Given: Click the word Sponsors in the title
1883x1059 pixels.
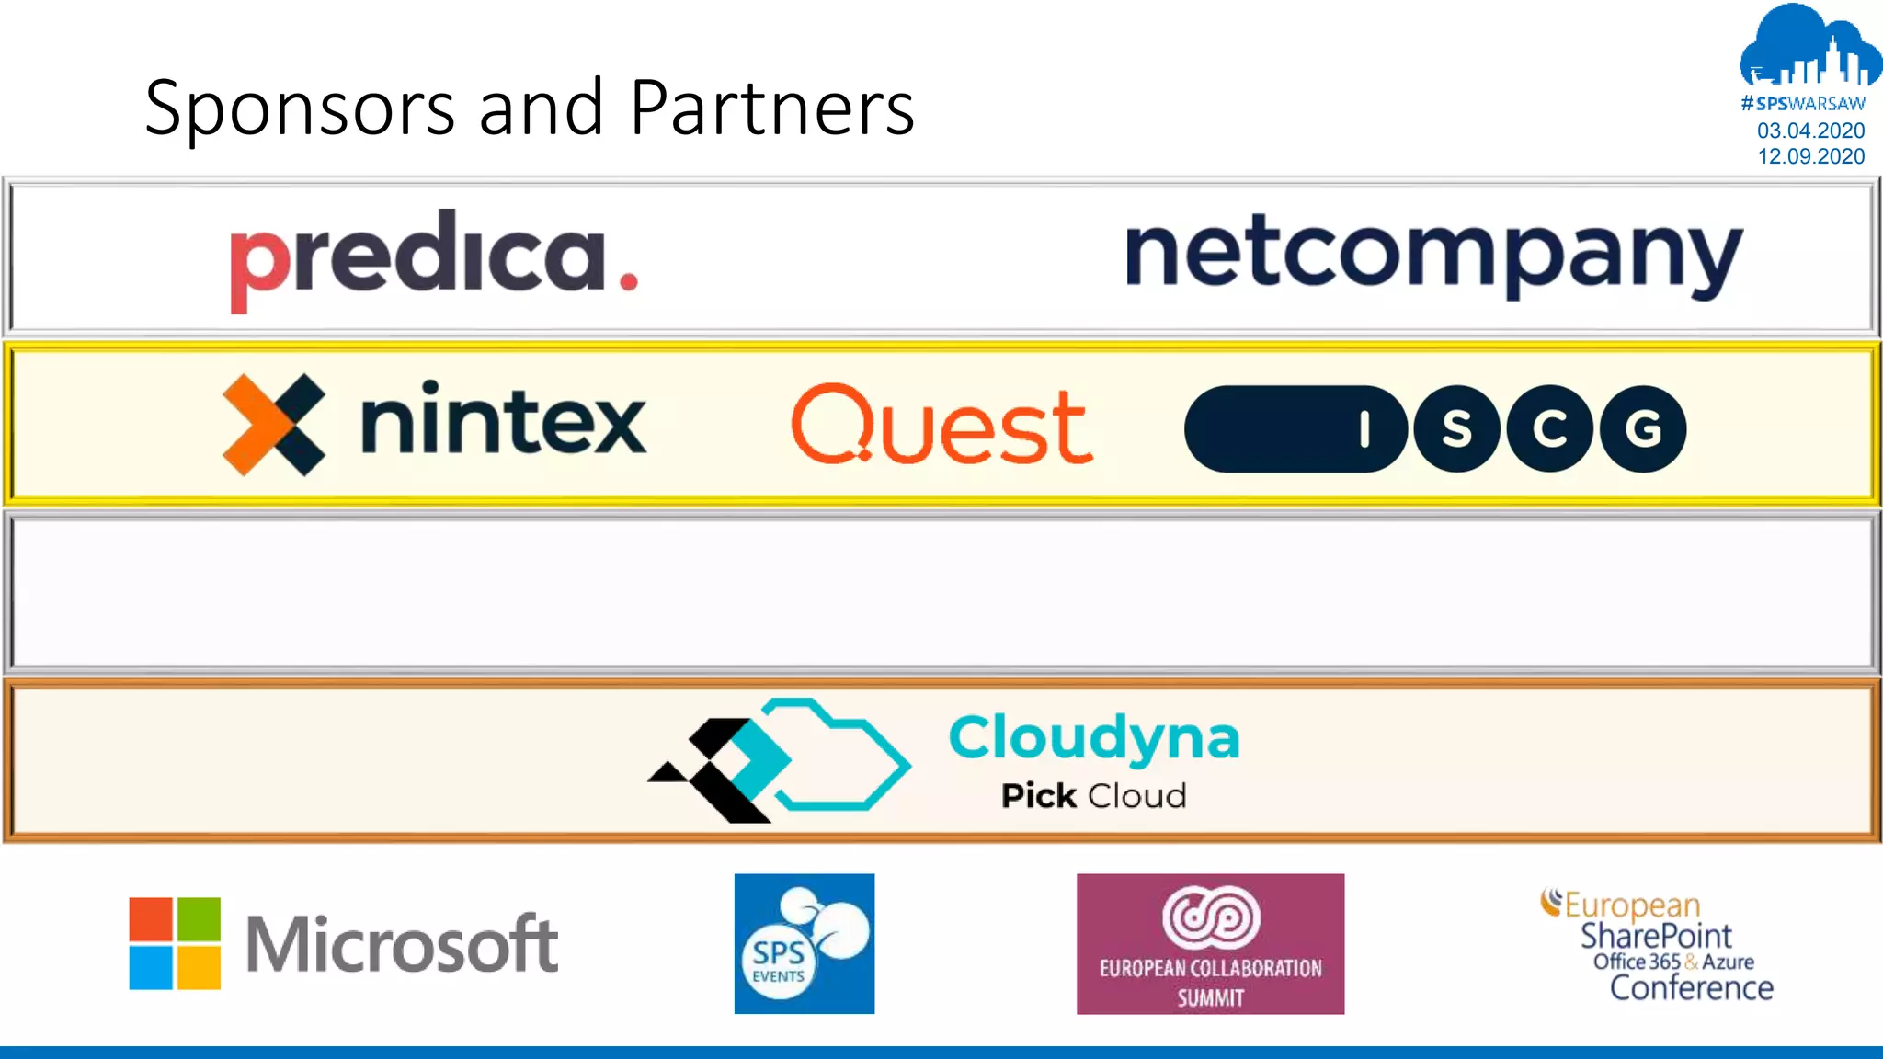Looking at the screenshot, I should coord(300,108).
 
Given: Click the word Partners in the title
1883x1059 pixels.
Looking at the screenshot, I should coord(772,108).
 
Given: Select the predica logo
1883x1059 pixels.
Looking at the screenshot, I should coord(432,259).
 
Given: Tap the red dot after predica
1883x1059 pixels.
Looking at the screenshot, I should coord(629,281).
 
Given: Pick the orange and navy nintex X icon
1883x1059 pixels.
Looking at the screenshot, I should coord(274,425).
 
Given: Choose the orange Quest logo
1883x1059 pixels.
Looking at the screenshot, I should coord(941,425).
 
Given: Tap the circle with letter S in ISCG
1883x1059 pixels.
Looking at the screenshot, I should coord(1456,428).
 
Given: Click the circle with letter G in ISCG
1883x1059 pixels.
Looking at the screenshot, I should coord(1643,428).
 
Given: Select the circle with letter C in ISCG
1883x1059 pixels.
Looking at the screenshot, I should coord(1549,428).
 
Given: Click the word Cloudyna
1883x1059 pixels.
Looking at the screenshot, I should coord(1094,737).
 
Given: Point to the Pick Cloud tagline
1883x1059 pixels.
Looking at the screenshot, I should coord(1094,796).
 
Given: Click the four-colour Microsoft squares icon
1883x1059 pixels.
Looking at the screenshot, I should coord(175,943).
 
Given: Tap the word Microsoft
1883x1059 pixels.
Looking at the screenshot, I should coord(401,943).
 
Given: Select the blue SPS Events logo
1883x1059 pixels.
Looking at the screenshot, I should coord(805,943).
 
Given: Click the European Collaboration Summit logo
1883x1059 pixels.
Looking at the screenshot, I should coord(1210,943).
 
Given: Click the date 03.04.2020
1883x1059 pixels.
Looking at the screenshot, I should coord(1810,131).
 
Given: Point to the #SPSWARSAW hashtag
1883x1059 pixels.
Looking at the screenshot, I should coord(1803,104).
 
